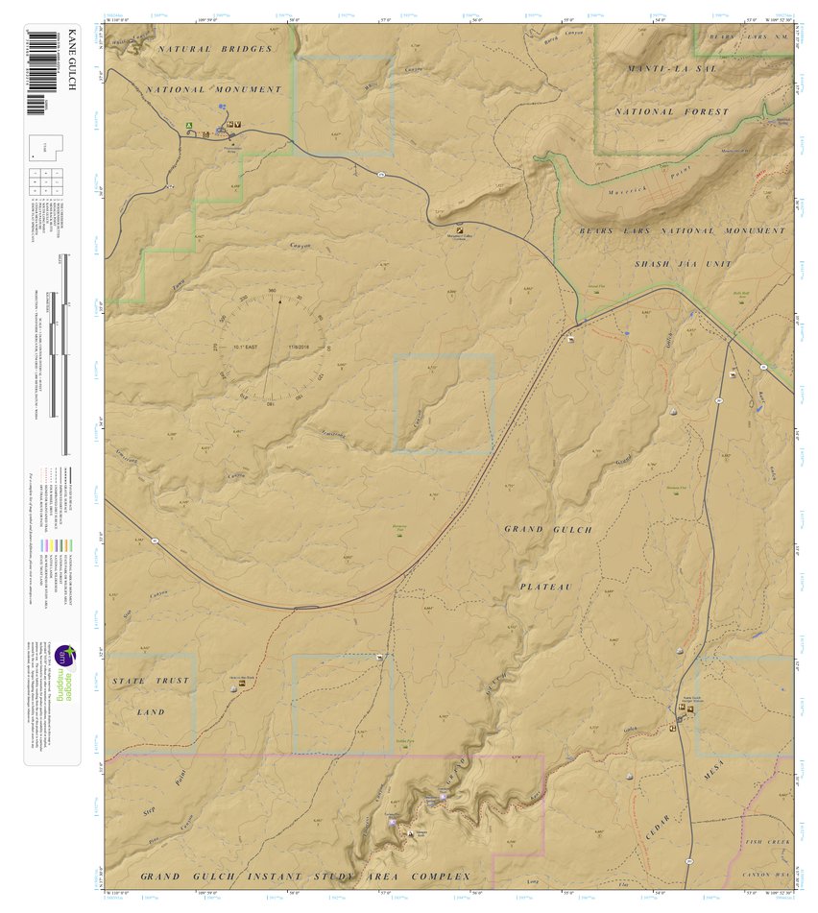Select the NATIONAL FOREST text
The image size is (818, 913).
click(x=672, y=111)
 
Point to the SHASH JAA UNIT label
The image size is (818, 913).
click(x=683, y=263)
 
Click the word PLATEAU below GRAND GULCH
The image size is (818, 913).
click(x=546, y=586)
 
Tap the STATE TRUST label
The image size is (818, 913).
click(x=151, y=681)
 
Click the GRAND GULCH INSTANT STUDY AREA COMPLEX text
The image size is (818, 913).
click(x=305, y=877)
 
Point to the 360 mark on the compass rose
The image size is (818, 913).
click(x=272, y=291)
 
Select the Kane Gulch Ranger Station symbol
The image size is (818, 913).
click(x=689, y=710)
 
